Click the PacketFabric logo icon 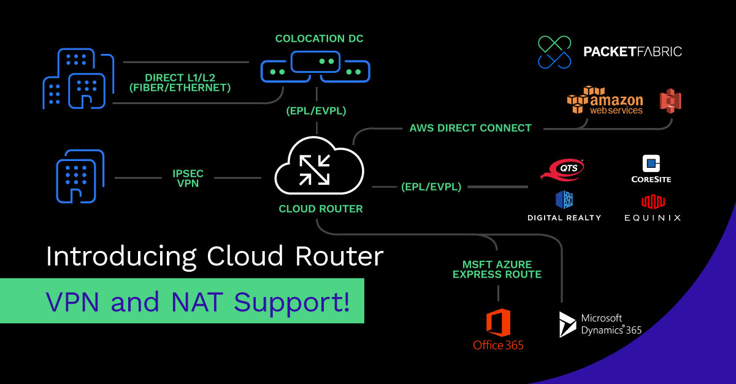554,51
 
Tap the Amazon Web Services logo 605,100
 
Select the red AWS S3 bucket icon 670,100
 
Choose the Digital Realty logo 564,206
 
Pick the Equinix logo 653,209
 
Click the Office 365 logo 498,330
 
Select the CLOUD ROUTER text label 321,209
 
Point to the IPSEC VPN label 188,178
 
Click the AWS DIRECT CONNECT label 470,128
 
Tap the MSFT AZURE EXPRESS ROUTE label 497,269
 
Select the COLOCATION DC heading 319,39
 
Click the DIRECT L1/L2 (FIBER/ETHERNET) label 188,83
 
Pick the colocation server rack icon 315,67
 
